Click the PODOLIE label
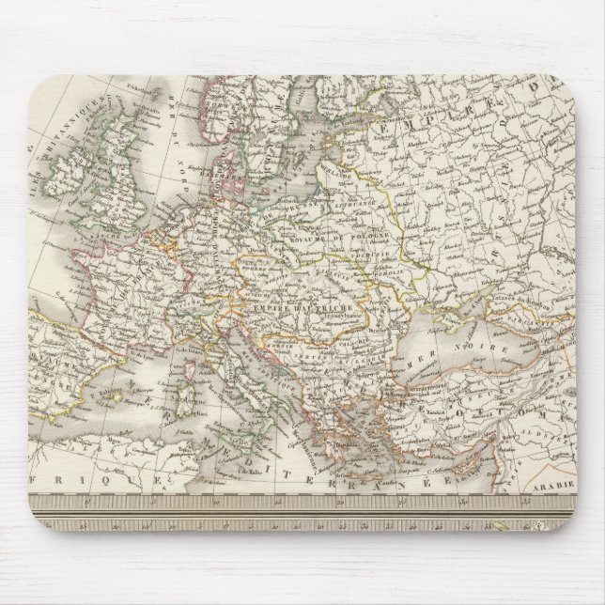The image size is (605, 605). click(x=380, y=269)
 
